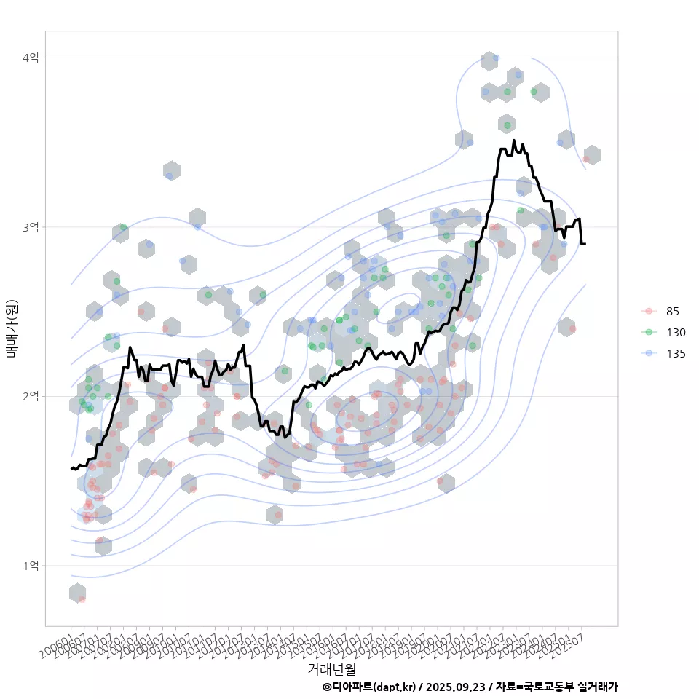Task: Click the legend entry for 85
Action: coord(672,312)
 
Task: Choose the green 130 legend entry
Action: coord(675,333)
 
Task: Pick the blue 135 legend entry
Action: coord(675,354)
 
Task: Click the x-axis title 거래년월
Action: coord(331,668)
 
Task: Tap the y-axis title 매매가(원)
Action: coord(12,328)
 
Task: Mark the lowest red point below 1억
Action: coord(82,599)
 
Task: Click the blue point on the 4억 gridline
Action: coord(496,58)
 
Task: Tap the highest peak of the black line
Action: coord(514,141)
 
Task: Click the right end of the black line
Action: coord(585,244)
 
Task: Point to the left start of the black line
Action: coord(71,468)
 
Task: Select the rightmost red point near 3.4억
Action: coord(586,159)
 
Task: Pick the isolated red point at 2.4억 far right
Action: coord(572,329)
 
